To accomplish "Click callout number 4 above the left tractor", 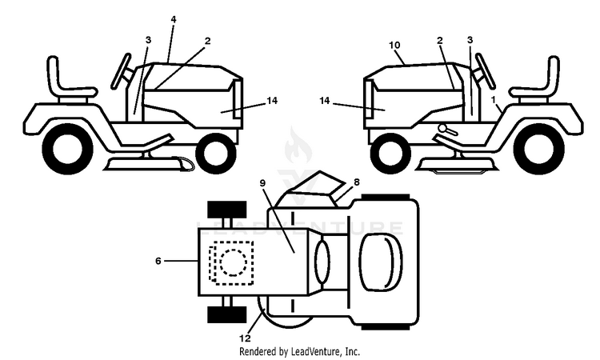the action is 174,19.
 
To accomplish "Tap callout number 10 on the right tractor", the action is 394,45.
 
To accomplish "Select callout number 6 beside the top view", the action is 158,261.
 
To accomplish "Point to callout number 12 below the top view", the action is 246,338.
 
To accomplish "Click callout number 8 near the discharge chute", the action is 357,182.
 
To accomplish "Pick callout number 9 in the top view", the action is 262,183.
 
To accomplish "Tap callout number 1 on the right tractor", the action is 494,99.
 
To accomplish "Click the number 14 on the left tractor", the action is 272,101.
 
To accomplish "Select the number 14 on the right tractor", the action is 325,101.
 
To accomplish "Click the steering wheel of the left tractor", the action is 122,71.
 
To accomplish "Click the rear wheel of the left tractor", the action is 67,149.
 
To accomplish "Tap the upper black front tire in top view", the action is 227,209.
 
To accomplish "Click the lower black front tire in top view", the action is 227,314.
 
